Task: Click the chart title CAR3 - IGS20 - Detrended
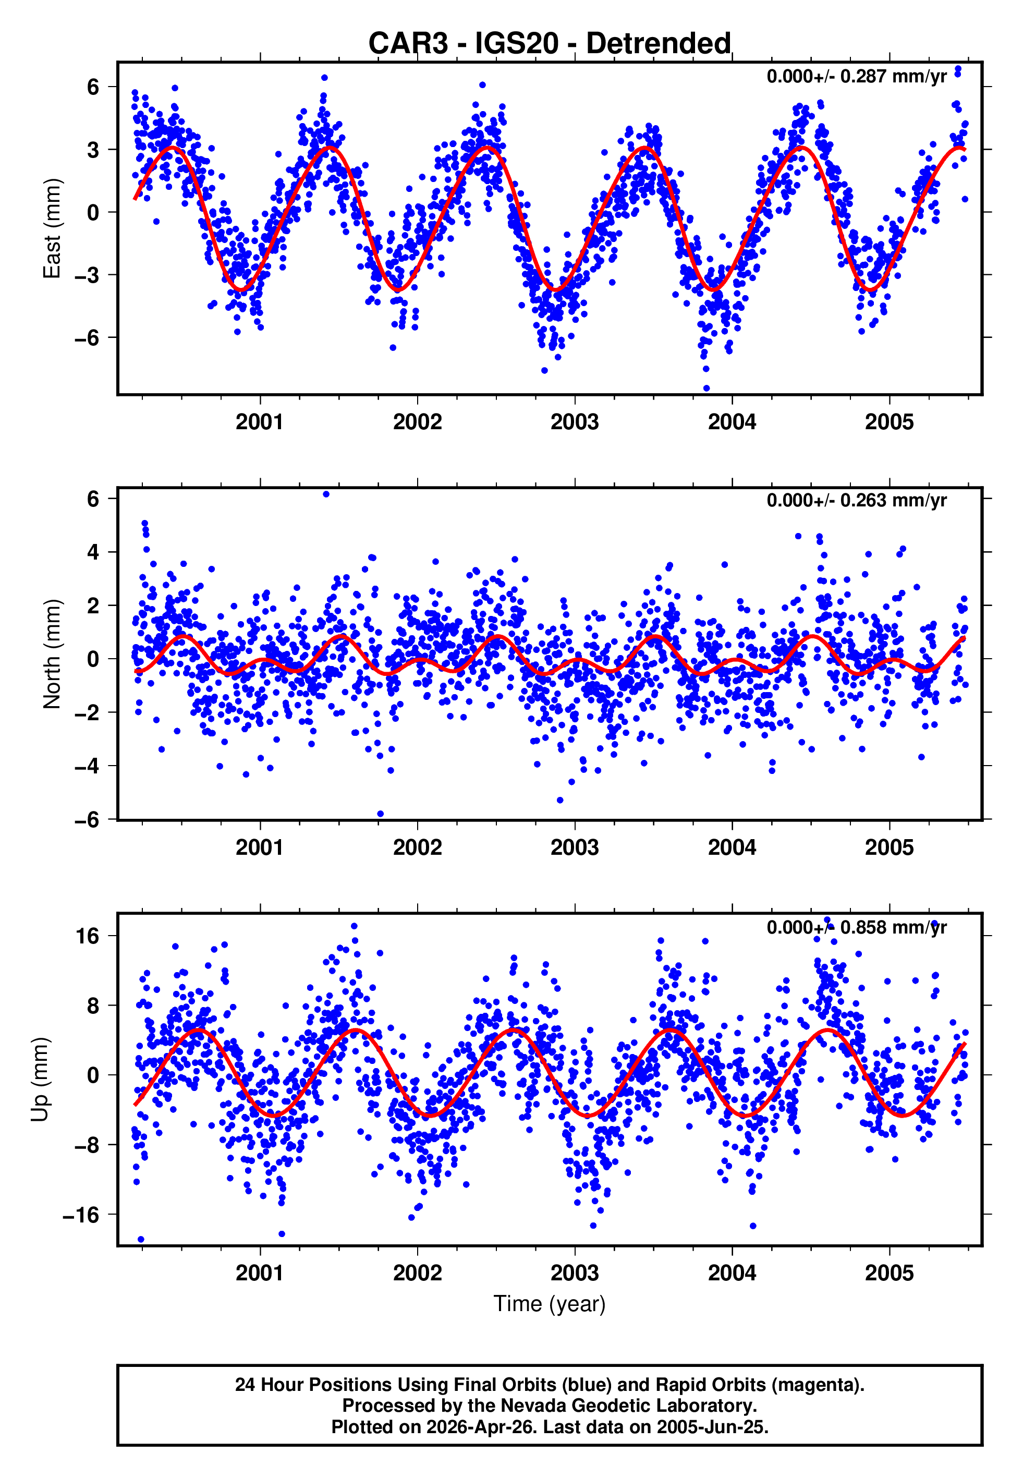tap(550, 44)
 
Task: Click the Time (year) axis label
tap(550, 1304)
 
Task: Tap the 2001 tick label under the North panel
tap(260, 847)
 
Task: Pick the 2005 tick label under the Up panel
tap(889, 1273)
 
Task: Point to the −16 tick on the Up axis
tap(81, 1215)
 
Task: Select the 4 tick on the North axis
tap(93, 552)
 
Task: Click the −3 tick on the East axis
tap(87, 275)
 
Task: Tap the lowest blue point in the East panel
tap(707, 389)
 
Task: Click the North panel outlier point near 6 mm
tap(326, 494)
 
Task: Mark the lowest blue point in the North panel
tap(380, 814)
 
